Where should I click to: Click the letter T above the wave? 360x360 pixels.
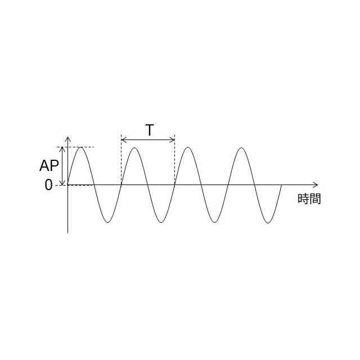point(149,130)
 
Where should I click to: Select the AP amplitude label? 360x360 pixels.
point(49,166)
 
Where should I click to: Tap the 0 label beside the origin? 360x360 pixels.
point(48,184)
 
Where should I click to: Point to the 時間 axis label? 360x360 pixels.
point(309,199)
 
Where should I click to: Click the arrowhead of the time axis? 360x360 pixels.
point(316,184)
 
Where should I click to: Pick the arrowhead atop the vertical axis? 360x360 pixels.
point(68,139)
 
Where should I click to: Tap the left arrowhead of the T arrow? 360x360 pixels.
point(123,139)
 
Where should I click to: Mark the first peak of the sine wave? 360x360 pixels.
point(81,147)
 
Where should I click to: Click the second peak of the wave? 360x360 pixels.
point(134,147)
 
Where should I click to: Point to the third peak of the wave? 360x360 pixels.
point(188,147)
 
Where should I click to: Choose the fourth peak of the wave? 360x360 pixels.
point(241,147)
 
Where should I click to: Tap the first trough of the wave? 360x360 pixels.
point(107,223)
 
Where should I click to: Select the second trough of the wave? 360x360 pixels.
point(161,223)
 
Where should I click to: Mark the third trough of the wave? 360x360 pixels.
point(214,223)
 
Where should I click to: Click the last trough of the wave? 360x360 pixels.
point(268,223)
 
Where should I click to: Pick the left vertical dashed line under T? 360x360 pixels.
point(121,163)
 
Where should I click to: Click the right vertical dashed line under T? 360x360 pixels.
point(175,163)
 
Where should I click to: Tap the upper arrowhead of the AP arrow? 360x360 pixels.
point(62,149)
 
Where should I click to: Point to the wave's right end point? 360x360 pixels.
point(281,184)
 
